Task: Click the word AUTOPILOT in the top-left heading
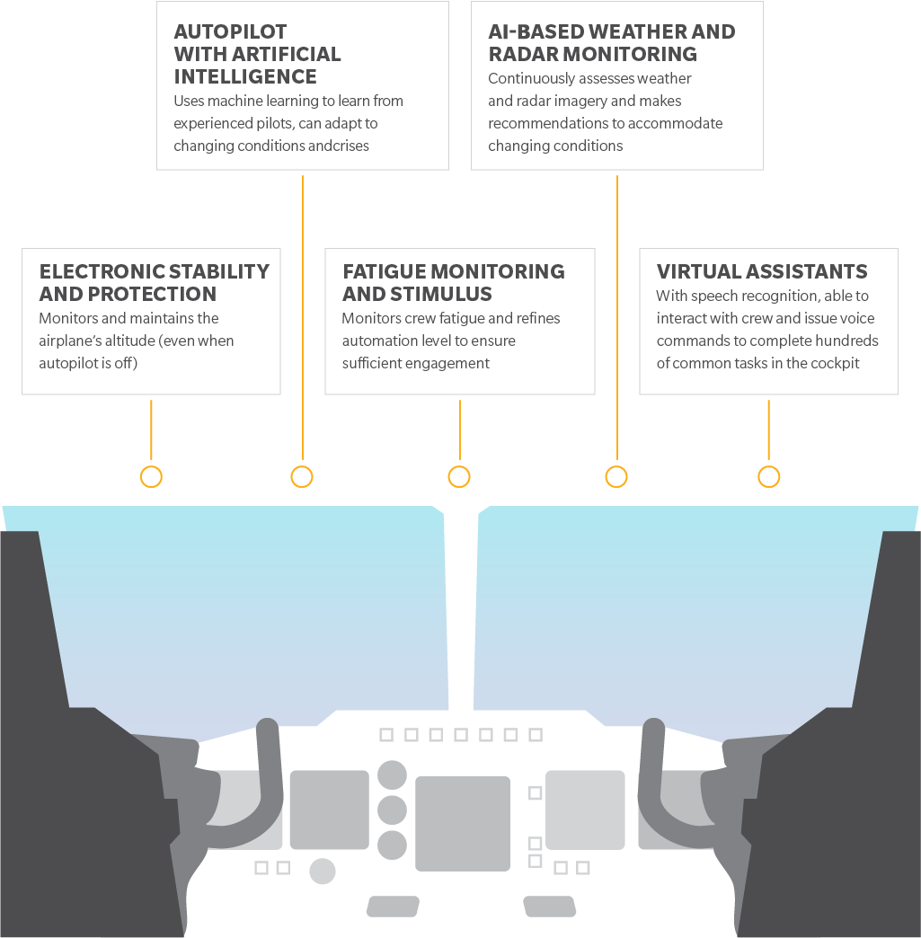click(x=230, y=31)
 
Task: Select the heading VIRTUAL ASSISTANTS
click(x=762, y=271)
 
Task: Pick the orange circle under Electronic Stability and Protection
click(x=151, y=477)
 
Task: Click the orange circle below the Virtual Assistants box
click(x=768, y=477)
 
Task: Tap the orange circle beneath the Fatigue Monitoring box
click(x=459, y=477)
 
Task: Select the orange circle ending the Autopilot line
click(x=302, y=477)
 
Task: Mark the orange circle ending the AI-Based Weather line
click(x=616, y=477)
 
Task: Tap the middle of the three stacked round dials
click(x=392, y=810)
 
